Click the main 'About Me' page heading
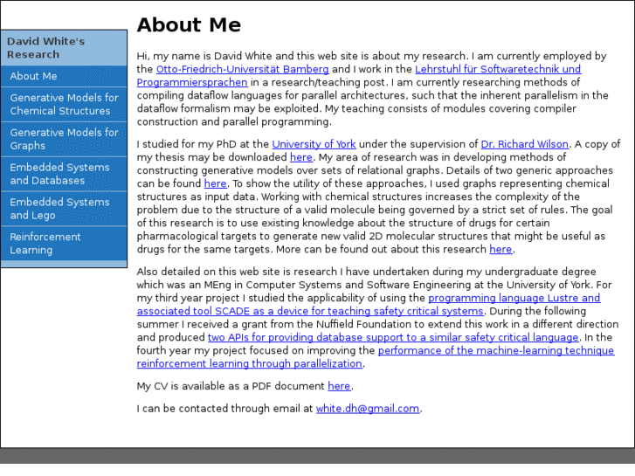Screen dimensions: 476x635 189,25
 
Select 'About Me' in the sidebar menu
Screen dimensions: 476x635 33,76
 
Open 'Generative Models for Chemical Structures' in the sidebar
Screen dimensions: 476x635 64,104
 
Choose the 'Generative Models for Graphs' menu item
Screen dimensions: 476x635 64,139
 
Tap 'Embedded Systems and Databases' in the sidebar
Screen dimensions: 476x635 59,174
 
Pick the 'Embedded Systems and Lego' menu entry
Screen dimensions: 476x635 59,209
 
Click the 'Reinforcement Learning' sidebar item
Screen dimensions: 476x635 45,244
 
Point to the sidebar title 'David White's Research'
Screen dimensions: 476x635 45,47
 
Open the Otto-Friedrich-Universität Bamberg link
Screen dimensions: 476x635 242,69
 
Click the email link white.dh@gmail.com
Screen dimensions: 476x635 368,408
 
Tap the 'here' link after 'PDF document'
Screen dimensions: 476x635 339,386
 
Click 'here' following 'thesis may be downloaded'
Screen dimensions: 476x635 300,157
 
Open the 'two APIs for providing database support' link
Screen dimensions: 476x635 393,337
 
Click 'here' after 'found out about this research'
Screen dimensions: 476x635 500,249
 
